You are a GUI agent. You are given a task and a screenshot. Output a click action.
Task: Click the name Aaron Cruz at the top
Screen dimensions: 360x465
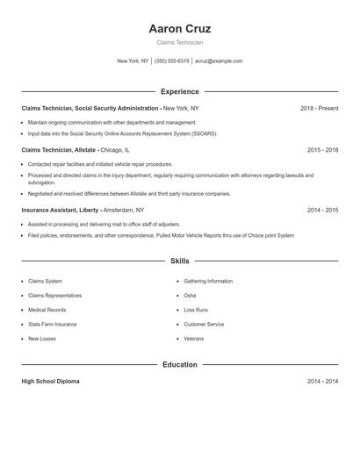tap(180, 29)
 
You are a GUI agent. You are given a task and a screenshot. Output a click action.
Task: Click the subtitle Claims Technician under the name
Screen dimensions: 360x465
tap(180, 42)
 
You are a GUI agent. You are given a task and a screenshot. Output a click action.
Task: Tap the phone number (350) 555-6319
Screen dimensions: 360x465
tap(171, 61)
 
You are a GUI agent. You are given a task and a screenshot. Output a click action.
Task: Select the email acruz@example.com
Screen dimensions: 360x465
tap(219, 61)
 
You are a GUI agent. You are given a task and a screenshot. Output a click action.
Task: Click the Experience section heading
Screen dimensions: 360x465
tap(180, 91)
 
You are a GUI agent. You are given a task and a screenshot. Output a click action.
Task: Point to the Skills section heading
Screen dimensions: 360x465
tap(180, 261)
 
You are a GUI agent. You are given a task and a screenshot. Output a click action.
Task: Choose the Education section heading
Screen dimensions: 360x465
tap(180, 364)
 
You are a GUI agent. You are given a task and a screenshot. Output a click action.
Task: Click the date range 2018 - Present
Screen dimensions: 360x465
tap(319, 108)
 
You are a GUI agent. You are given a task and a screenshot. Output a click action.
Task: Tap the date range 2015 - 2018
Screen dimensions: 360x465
tap(322, 150)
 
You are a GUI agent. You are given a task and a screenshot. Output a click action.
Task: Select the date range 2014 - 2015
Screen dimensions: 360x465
tap(322, 211)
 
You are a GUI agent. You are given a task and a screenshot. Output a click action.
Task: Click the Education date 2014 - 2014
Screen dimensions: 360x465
tap(322, 382)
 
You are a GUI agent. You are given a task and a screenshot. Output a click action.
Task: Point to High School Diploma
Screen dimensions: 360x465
tap(50, 382)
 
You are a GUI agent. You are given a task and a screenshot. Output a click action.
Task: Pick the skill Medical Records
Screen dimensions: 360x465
tap(47, 310)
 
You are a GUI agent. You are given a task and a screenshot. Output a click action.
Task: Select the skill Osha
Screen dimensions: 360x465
tap(190, 296)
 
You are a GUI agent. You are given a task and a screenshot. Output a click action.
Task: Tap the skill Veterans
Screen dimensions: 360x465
tap(193, 339)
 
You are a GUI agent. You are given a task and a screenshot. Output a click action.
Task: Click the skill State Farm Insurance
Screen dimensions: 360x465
tap(52, 325)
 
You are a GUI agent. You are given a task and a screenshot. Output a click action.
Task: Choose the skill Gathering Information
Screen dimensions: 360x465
tap(208, 282)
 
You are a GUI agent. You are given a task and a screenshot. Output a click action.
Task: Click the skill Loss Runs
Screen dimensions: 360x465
tap(196, 310)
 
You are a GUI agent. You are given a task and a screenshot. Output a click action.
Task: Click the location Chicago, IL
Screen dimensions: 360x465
tap(114, 150)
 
